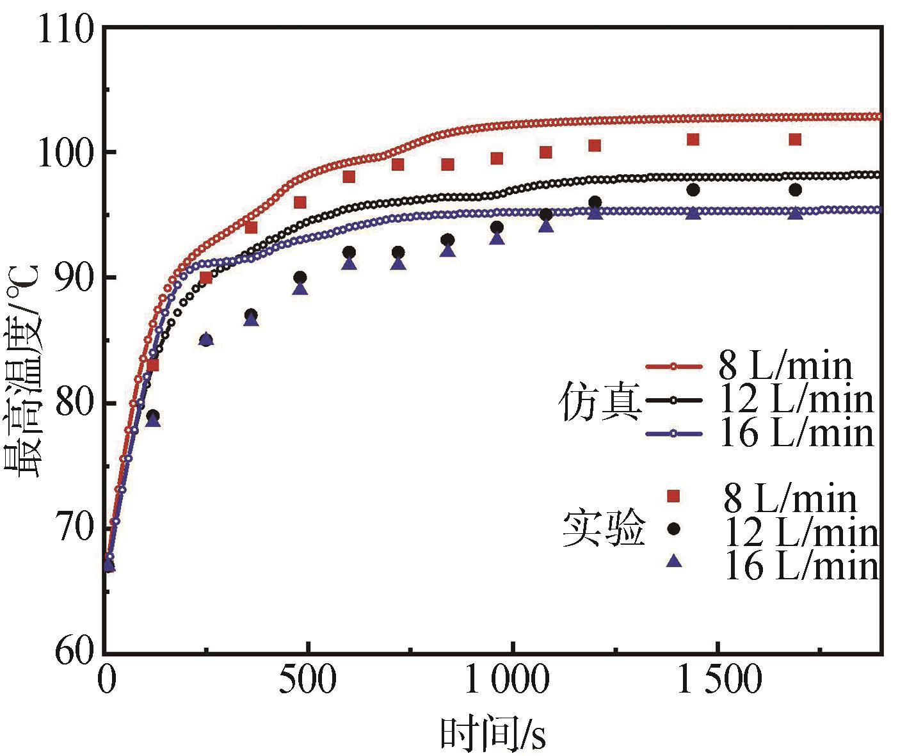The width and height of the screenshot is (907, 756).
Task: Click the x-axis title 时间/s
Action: pos(493,734)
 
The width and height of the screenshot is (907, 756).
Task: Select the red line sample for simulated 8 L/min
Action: pos(673,367)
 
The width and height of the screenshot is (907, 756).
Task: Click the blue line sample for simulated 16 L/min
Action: pos(673,434)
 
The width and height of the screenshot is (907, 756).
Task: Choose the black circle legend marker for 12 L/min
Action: pos(673,529)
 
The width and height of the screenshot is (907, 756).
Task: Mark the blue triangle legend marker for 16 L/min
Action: pos(673,561)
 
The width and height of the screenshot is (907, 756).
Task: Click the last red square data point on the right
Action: pos(795,140)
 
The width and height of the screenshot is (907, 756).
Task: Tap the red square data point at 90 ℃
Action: pos(205,278)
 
